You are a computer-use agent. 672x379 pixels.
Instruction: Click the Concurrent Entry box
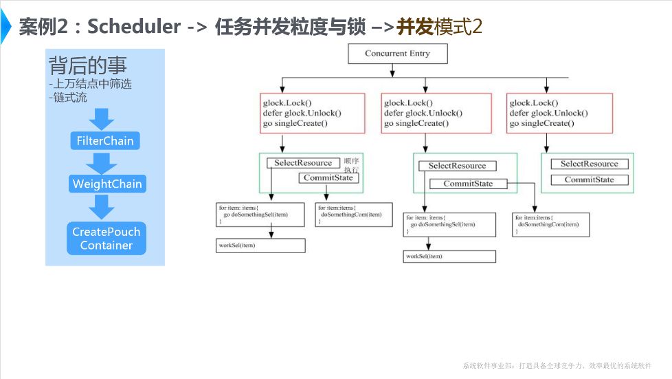pyautogui.click(x=398, y=54)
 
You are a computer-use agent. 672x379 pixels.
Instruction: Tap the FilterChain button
pyautogui.click(x=104, y=142)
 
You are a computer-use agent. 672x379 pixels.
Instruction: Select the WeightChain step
pyautogui.click(x=107, y=184)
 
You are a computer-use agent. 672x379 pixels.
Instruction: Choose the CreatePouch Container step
pyautogui.click(x=106, y=238)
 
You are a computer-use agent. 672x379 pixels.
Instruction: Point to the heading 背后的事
pyautogui.click(x=87, y=67)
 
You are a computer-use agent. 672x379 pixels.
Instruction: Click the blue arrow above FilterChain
pyautogui.click(x=102, y=119)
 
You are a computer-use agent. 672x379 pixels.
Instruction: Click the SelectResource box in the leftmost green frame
pyautogui.click(x=303, y=163)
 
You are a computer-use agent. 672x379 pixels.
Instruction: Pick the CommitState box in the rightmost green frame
pyautogui.click(x=589, y=180)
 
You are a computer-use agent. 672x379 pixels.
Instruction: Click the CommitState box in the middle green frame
pyautogui.click(x=467, y=184)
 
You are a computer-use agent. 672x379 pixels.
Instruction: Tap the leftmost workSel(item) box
pyautogui.click(x=260, y=246)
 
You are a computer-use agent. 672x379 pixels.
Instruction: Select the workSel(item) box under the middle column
pyautogui.click(x=449, y=257)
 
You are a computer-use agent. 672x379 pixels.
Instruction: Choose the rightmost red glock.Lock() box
pyautogui.click(x=551, y=113)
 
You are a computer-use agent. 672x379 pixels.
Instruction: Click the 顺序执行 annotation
pyautogui.click(x=352, y=165)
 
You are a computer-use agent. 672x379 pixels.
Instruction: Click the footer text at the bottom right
pyautogui.click(x=557, y=366)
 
